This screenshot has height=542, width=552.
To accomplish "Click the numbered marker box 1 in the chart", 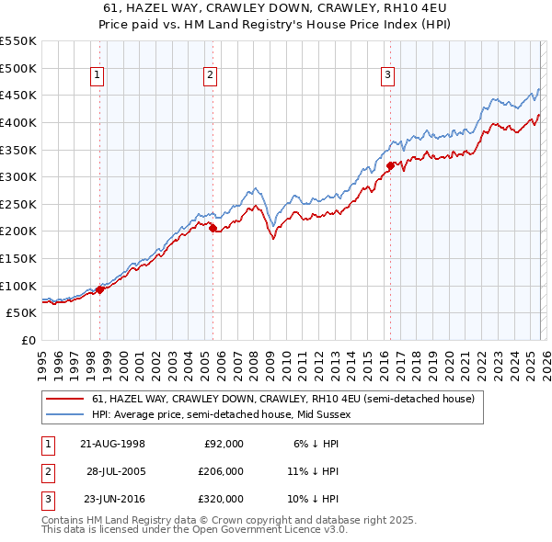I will click(98, 76).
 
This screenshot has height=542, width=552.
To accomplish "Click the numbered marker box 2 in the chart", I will click(211, 76).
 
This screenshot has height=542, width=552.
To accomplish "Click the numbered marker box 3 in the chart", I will click(387, 76).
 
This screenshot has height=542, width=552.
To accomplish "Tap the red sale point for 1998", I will click(99, 289).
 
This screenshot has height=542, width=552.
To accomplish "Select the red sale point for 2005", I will click(213, 228).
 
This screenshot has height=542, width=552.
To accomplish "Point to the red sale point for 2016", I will click(390, 166).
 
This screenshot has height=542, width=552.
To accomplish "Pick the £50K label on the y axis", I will click(21, 313).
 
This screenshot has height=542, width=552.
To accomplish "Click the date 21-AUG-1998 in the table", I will click(113, 444).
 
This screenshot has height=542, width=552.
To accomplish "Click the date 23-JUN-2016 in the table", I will click(113, 499).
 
